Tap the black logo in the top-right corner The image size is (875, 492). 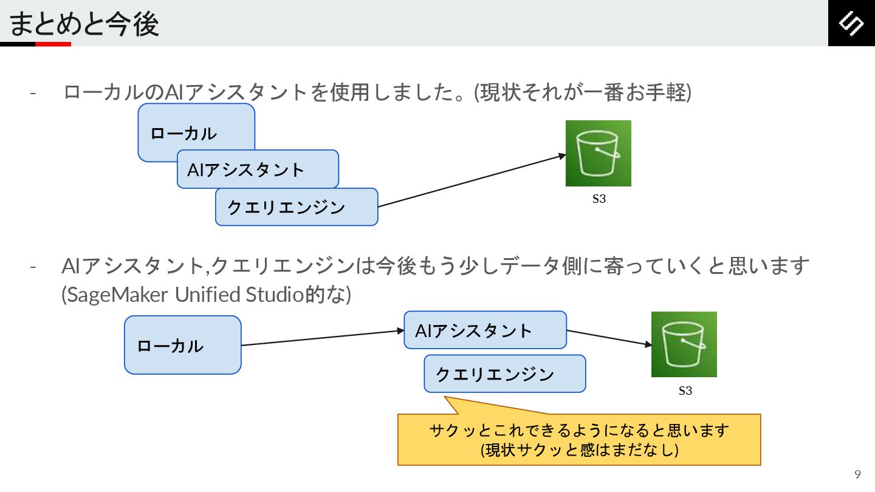[x=851, y=23]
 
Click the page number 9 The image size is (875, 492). [x=857, y=475]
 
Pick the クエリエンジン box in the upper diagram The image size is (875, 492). [x=297, y=207]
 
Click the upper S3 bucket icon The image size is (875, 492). [x=599, y=153]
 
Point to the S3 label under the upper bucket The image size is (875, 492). [x=599, y=199]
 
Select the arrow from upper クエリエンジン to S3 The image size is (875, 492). [x=472, y=181]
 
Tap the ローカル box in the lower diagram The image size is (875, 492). [x=182, y=345]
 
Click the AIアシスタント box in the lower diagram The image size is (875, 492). [x=485, y=330]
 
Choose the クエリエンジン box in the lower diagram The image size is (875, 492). [x=504, y=374]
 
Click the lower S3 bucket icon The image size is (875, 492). [x=684, y=344]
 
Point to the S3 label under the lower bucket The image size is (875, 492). [x=685, y=391]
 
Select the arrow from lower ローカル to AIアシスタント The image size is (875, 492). [x=322, y=338]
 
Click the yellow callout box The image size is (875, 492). [x=578, y=440]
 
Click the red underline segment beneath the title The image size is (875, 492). [x=53, y=44]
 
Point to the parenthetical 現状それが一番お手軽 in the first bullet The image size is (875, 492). [x=582, y=93]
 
